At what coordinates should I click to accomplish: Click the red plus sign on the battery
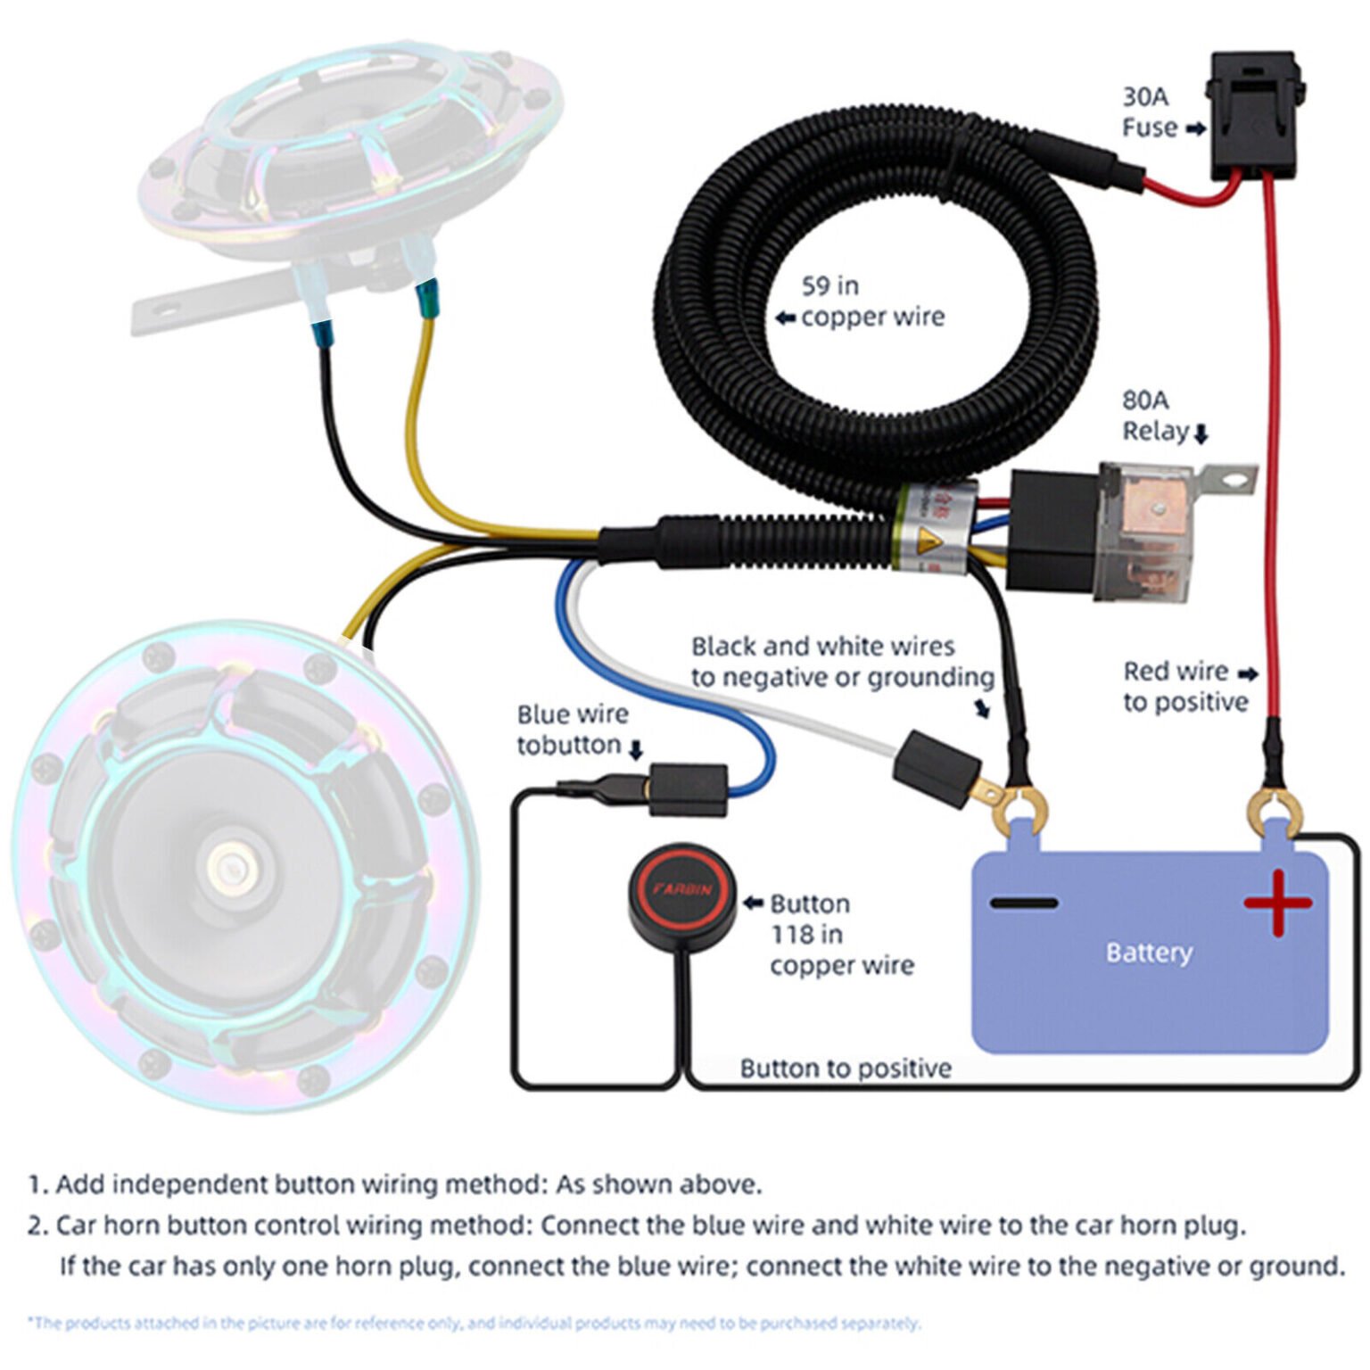click(x=1277, y=902)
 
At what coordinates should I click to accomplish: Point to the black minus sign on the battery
click(x=1023, y=903)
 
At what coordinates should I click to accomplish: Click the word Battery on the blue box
click(x=1149, y=953)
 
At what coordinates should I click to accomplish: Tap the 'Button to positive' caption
click(x=845, y=1068)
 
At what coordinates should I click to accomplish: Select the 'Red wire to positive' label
click(x=1184, y=686)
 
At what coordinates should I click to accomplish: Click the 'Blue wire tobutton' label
click(x=573, y=729)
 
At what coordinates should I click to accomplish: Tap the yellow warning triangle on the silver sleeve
click(x=928, y=540)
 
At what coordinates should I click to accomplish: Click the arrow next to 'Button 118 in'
click(x=754, y=904)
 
